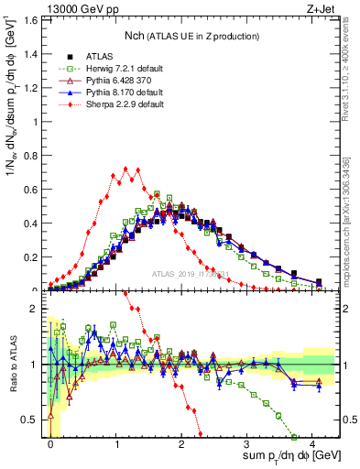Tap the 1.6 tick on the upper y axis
[31, 18]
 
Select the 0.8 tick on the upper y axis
[31, 155]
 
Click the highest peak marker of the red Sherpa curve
[117, 169]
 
